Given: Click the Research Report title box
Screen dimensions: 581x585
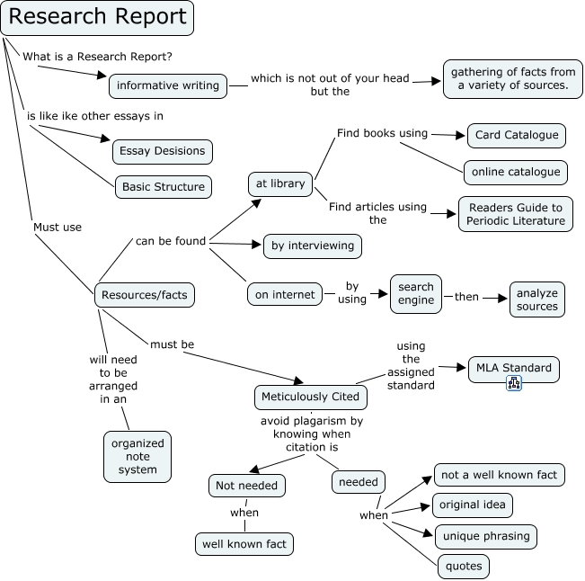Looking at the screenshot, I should pos(98,17).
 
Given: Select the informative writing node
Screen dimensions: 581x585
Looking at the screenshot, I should pos(167,85).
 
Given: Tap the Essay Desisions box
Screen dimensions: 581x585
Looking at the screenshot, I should pos(163,151).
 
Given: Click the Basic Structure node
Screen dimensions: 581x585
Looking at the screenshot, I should pos(163,187).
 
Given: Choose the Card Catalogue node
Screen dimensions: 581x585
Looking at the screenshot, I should pos(517,136).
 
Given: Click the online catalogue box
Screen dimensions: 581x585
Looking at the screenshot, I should pos(515,171).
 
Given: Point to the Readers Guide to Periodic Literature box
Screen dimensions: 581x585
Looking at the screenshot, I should pos(516,214).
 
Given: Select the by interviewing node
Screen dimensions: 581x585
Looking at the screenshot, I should pos(313,245).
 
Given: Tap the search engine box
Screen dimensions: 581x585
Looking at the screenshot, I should pos(416,294).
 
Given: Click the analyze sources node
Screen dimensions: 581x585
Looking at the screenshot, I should pos(536,299).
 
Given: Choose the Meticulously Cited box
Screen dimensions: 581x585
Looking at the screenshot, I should pos(310,396).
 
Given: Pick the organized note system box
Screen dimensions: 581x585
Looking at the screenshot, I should pos(137,456).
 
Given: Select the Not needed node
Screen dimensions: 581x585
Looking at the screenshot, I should pos(247,486).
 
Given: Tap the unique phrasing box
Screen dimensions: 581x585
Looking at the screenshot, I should pos(486,537).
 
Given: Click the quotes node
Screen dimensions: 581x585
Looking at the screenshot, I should pos(465,566).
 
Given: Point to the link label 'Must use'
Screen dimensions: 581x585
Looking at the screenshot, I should pos(58,228).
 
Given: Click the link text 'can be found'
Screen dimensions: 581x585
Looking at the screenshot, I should pos(171,240).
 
